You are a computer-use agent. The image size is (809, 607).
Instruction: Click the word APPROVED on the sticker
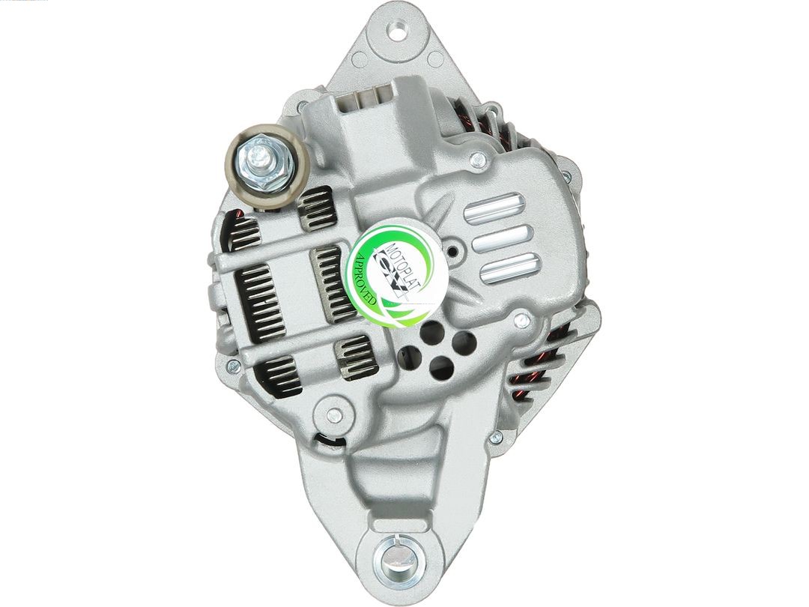(x=366, y=278)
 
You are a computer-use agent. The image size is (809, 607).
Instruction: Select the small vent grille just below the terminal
(x=314, y=208)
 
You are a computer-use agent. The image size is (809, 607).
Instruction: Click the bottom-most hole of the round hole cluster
(x=443, y=366)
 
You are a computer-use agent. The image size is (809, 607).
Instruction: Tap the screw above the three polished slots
(x=477, y=159)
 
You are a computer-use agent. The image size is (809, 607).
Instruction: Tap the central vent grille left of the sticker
(x=332, y=283)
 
